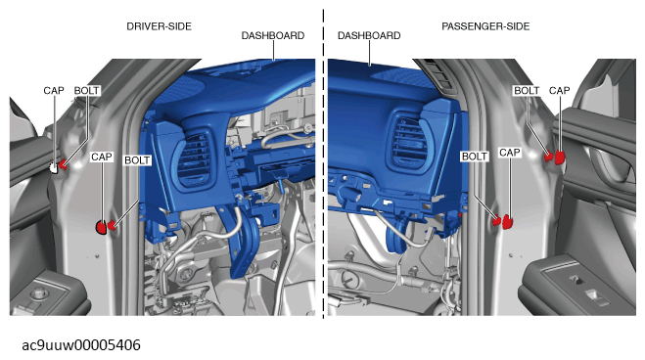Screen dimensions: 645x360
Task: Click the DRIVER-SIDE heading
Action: coord(159,26)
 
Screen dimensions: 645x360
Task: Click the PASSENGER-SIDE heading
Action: coord(485,26)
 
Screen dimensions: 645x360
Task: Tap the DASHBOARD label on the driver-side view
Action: coord(273,36)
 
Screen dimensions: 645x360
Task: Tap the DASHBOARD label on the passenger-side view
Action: coord(369,36)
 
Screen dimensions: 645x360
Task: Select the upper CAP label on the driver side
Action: coord(54,90)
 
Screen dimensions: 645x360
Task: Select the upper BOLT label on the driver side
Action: coord(87,90)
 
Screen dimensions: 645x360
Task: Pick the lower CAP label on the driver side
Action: coord(102,157)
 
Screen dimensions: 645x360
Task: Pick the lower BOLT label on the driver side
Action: coord(137,160)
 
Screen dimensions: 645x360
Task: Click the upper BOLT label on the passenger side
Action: coord(527,90)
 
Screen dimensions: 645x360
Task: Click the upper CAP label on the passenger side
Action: coord(560,90)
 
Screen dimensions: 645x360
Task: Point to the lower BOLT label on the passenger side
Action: coord(475,157)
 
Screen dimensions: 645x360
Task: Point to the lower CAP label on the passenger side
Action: coord(510,153)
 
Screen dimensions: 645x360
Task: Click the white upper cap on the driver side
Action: coord(54,167)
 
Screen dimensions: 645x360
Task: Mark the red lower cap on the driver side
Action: coord(101,227)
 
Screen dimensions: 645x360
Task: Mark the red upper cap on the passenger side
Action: coord(560,157)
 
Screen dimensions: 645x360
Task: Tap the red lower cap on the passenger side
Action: coord(508,221)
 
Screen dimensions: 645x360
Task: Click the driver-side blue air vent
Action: coord(194,157)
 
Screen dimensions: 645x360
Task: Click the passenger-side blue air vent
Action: coord(409,142)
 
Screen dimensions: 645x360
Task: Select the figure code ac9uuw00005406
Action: coord(81,345)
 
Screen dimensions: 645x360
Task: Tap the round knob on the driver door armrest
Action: coord(40,292)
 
